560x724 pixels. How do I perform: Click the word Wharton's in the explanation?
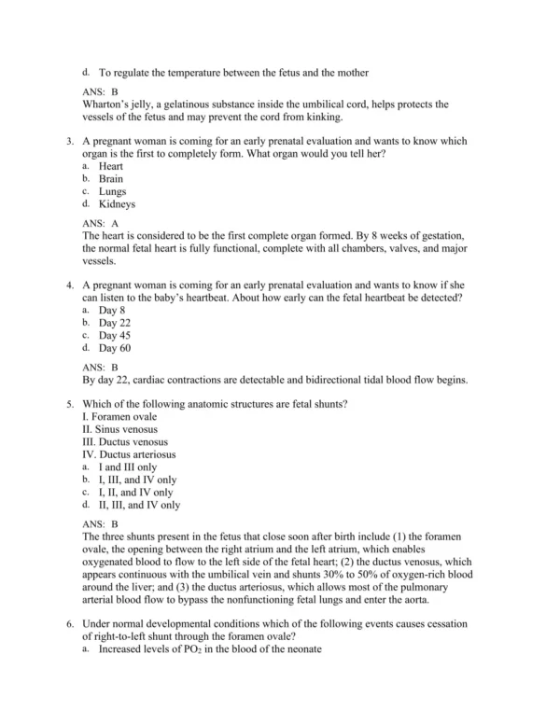109,104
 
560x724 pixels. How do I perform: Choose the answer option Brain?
111,178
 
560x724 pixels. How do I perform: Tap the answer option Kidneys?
117,203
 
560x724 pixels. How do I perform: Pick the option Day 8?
112,310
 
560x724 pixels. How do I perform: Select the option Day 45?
115,335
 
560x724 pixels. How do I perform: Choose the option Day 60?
115,348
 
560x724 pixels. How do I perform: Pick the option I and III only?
128,466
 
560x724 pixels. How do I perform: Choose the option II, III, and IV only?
139,505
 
